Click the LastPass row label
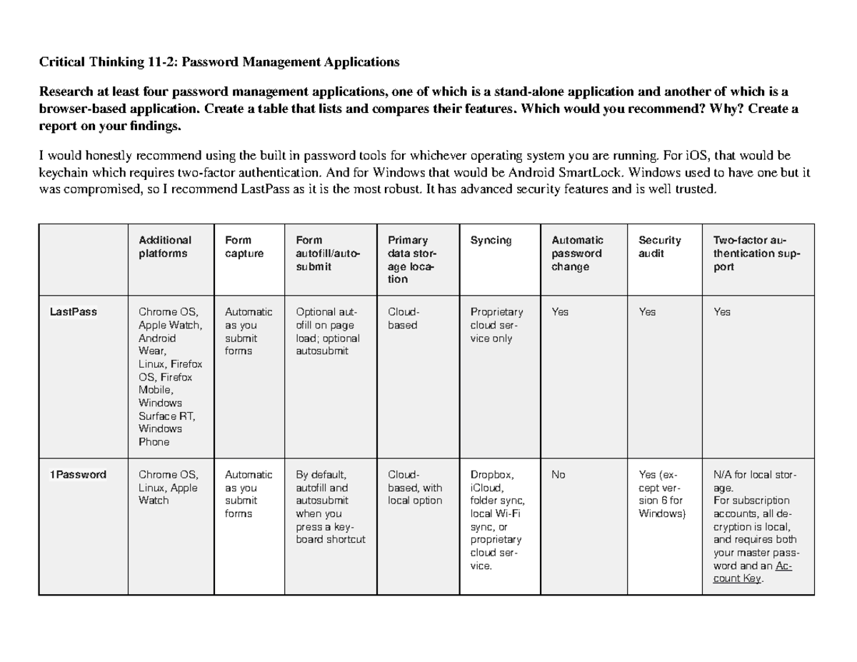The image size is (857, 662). (x=73, y=312)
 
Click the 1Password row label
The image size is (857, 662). (x=77, y=474)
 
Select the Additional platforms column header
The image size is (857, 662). (x=165, y=246)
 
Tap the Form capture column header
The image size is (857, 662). (x=244, y=246)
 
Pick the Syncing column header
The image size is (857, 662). (x=491, y=241)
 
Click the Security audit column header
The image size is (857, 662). (x=659, y=246)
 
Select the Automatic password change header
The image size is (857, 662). (x=577, y=253)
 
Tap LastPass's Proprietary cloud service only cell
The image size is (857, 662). (x=496, y=325)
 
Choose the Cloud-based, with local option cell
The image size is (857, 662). (x=415, y=487)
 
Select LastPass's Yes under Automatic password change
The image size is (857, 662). (x=560, y=312)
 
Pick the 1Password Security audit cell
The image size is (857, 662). (x=661, y=493)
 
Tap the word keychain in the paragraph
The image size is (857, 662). (x=62, y=173)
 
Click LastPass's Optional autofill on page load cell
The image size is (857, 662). (x=329, y=331)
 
